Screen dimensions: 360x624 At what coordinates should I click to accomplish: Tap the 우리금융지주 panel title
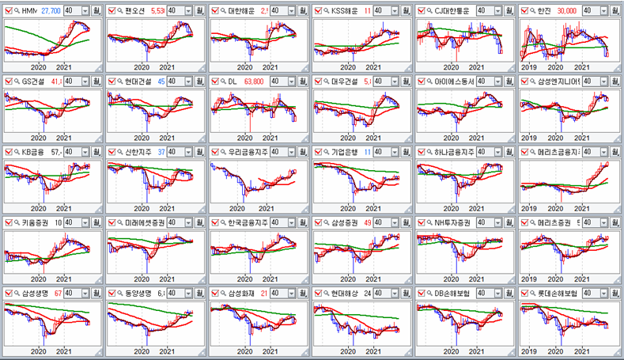point(250,152)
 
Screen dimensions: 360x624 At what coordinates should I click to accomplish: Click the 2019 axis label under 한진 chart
point(531,67)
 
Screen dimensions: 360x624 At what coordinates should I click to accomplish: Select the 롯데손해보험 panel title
point(563,293)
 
